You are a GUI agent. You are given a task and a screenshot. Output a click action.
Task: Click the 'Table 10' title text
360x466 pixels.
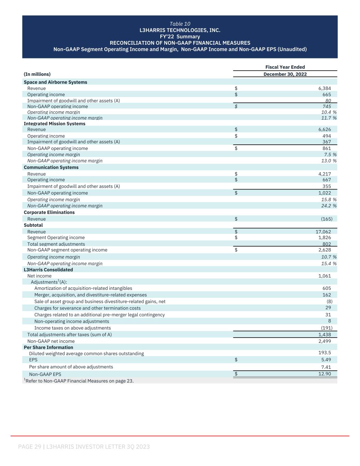click(180, 24)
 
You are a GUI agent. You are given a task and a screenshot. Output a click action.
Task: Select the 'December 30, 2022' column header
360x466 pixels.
click(285, 74)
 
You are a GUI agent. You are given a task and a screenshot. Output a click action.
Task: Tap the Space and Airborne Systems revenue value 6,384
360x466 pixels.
click(324, 88)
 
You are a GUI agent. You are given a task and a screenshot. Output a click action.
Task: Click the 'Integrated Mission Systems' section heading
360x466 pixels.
click(55, 124)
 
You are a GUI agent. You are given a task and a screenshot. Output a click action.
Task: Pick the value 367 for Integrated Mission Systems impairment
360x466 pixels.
click(327, 142)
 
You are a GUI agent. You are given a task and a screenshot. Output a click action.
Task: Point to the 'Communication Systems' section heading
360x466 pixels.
click(51, 167)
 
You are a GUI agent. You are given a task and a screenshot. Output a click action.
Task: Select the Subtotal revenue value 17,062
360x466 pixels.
click(323, 232)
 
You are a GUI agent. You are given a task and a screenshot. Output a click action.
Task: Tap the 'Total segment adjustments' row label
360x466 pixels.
click(56, 244)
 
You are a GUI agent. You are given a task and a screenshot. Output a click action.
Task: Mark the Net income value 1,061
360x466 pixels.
click(325, 276)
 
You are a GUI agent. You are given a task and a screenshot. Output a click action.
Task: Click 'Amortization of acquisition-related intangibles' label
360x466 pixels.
click(83, 288)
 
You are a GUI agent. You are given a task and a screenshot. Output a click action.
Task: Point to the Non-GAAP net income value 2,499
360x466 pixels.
click(325, 341)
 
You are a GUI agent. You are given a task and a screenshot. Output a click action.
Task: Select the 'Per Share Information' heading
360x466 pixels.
click(48, 347)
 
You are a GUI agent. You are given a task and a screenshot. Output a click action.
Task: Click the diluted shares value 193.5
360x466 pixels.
click(325, 353)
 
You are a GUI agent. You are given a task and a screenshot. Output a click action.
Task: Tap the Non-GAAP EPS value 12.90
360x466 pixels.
click(324, 374)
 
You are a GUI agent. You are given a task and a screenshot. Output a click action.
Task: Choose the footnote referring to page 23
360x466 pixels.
click(78, 381)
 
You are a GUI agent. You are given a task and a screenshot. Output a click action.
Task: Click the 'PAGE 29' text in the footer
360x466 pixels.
click(30, 447)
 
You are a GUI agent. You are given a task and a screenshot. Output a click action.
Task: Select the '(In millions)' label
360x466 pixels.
click(37, 74)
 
